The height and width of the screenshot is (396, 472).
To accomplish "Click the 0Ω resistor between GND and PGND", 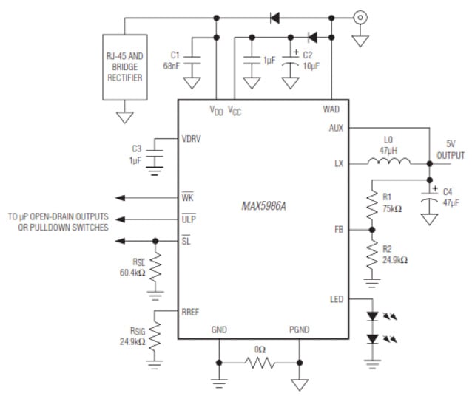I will tap(260, 363).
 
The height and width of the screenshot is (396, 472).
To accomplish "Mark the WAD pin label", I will tap(331, 109).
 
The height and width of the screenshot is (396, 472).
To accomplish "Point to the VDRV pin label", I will tap(192, 138).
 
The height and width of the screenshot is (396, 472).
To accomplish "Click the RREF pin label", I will tap(192, 313).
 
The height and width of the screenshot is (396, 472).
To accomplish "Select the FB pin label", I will tap(338, 230).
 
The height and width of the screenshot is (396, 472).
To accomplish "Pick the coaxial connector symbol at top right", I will tap(360, 16).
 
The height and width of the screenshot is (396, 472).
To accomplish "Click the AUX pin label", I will tap(336, 127).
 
